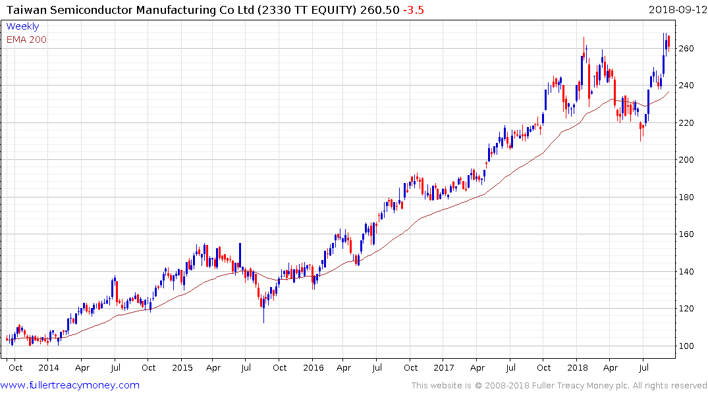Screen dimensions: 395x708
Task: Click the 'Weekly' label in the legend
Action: pos(22,26)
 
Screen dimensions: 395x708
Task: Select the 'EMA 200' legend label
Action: pos(26,39)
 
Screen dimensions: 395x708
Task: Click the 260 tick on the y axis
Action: pos(688,49)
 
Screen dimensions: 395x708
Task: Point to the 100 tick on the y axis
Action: pos(688,346)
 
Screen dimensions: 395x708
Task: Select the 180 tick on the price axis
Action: pos(688,197)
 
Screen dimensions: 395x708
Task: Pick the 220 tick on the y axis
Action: pos(688,123)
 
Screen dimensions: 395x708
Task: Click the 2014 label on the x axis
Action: pos(48,368)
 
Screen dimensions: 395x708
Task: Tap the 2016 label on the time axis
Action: pos(313,368)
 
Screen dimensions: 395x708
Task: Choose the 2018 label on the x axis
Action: pos(578,368)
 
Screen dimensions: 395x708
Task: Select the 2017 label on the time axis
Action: pos(445,368)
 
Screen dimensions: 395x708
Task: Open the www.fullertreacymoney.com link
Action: pos(70,385)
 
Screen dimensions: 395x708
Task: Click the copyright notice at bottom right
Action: pos(559,386)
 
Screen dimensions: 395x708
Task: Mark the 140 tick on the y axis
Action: pos(688,272)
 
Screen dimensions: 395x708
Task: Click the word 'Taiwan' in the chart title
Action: pos(22,9)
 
